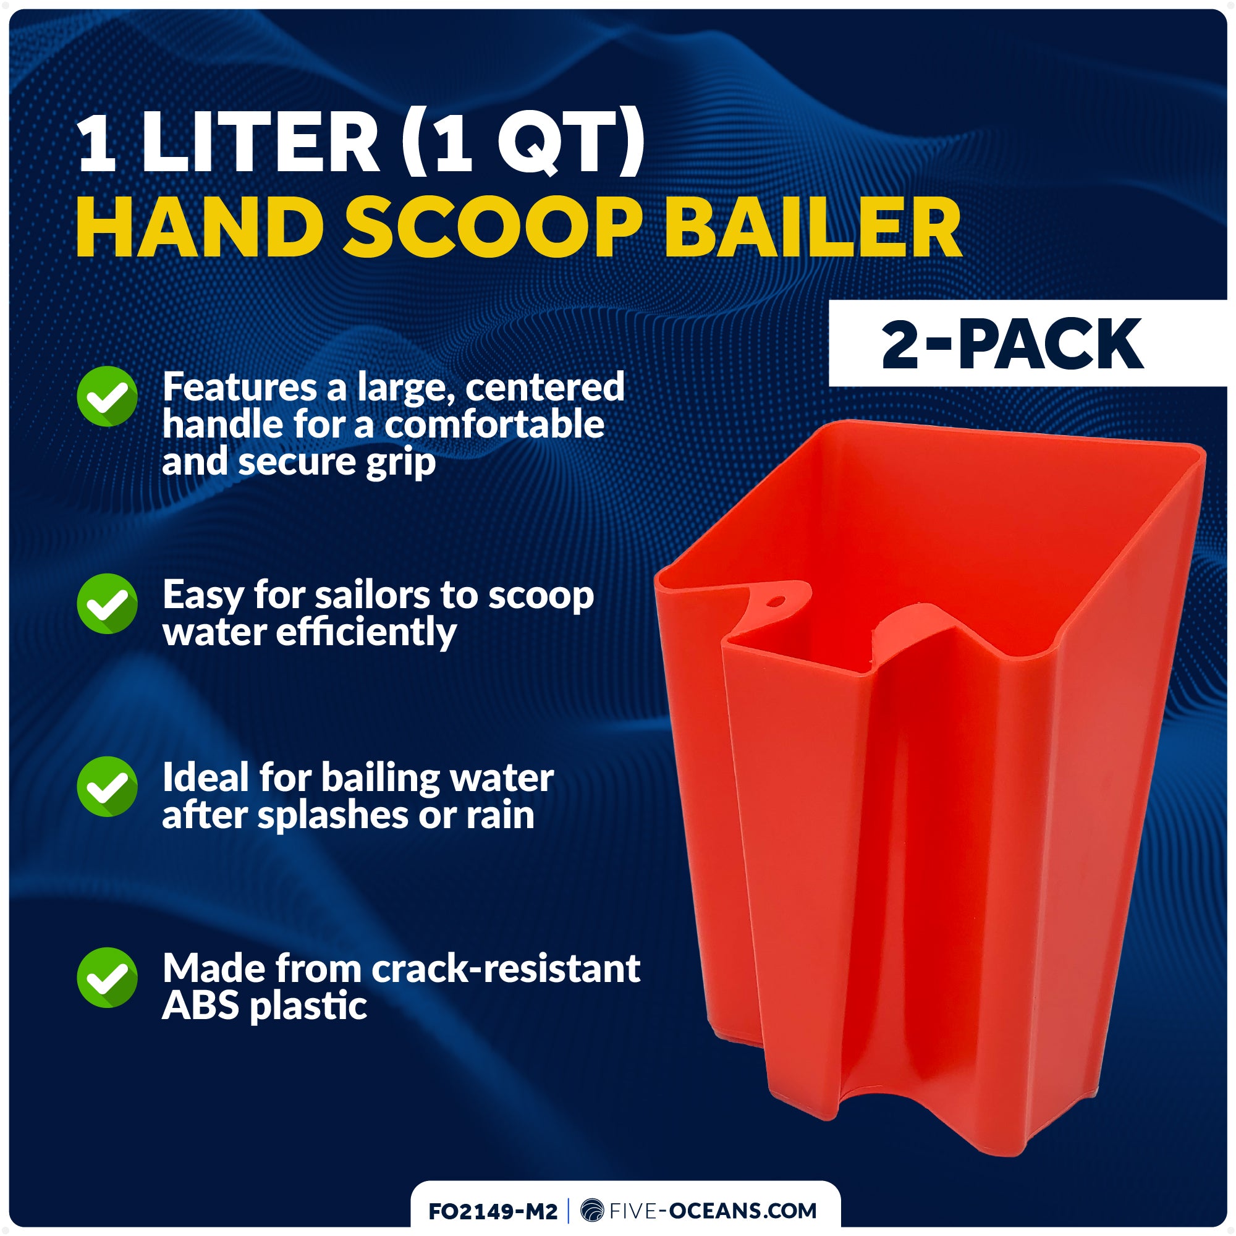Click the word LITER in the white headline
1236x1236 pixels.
click(260, 142)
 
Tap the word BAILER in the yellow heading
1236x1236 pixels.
click(813, 229)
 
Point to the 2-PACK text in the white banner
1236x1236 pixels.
click(1012, 345)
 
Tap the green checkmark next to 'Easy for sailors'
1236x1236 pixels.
click(107, 603)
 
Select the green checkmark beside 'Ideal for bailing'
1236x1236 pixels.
click(107, 787)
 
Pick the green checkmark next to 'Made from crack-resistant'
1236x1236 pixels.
click(107, 978)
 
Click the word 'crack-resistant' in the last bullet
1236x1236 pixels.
click(506, 968)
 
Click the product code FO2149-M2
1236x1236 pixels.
click(493, 1211)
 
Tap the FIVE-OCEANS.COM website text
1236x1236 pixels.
click(713, 1211)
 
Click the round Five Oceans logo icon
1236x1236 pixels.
click(592, 1211)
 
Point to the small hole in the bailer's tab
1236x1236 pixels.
click(776, 601)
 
